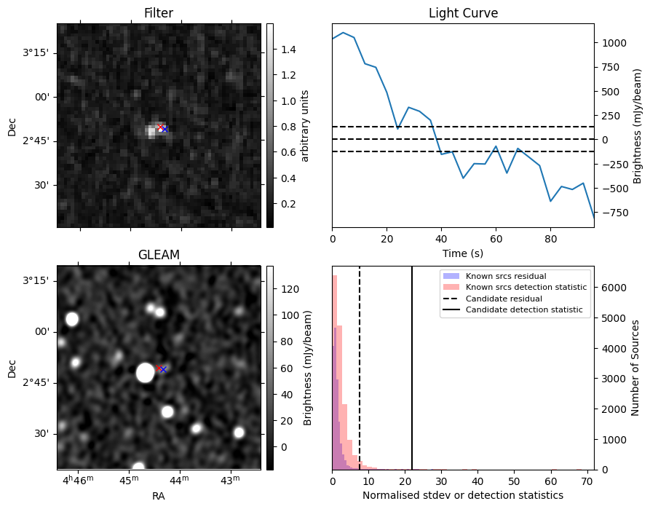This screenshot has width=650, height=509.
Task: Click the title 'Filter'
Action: pyautogui.click(x=159, y=13)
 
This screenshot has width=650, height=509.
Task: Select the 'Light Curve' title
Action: pyautogui.click(x=463, y=13)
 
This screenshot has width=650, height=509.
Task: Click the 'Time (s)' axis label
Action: pyautogui.click(x=463, y=253)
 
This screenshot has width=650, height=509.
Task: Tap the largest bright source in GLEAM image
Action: pyautogui.click(x=145, y=373)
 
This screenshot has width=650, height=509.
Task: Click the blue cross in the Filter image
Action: pyautogui.click(x=165, y=129)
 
